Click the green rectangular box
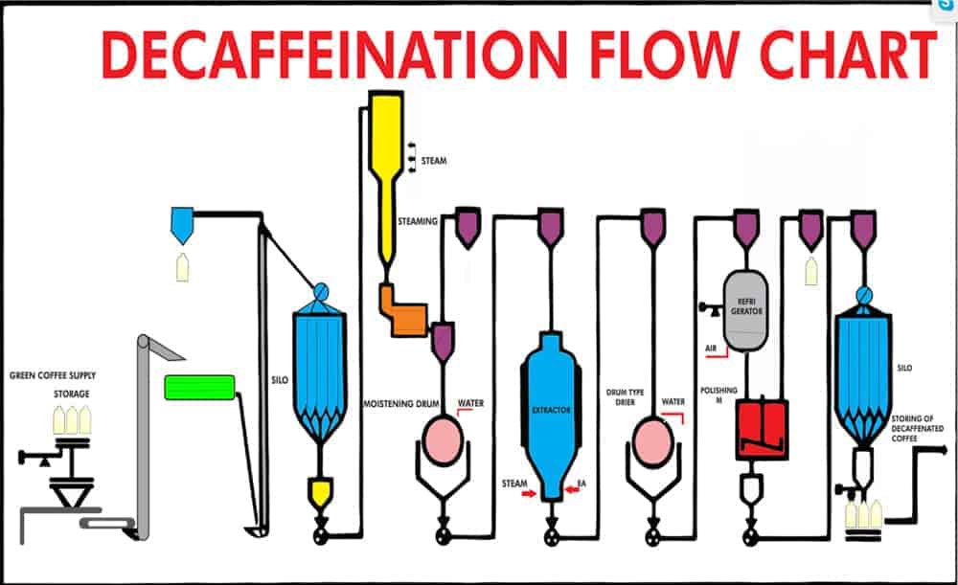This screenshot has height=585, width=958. tap(199, 387)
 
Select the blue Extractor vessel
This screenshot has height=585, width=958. tap(551, 412)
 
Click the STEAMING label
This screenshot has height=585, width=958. tap(418, 221)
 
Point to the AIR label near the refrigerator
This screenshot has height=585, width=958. tap(711, 348)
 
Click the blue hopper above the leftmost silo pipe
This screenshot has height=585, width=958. tap(181, 223)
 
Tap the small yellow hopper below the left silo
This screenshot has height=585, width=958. tap(319, 492)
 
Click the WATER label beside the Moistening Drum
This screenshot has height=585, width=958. tap(470, 403)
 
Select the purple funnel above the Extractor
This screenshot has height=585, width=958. tap(551, 226)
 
